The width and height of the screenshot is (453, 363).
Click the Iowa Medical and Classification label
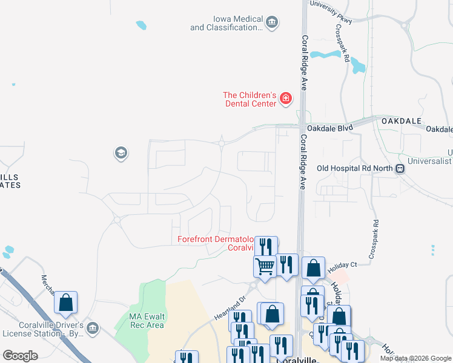click(x=226, y=23)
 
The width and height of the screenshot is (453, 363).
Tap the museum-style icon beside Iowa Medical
click(x=272, y=23)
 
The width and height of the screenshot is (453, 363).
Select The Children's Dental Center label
click(x=250, y=99)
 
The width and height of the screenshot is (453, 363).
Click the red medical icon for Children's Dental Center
click(x=285, y=99)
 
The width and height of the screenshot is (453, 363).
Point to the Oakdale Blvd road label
click(x=329, y=128)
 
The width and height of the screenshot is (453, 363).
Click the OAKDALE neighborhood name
click(x=401, y=122)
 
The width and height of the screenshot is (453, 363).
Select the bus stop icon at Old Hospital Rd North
click(x=400, y=169)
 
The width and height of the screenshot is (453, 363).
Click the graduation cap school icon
click(x=121, y=153)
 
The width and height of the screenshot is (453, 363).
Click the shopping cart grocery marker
click(x=265, y=266)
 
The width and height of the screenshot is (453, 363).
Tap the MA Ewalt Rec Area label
click(x=147, y=321)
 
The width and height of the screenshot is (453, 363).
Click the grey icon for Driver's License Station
click(x=93, y=329)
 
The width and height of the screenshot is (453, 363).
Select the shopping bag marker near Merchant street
click(x=66, y=301)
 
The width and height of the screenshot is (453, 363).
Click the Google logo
click(x=20, y=356)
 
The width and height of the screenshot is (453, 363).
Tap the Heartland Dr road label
click(x=231, y=307)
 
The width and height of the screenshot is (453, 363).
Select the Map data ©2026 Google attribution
click(x=415, y=358)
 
